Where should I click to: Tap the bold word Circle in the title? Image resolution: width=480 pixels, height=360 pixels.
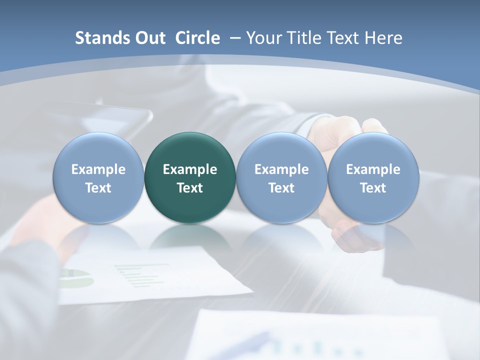pos(197,38)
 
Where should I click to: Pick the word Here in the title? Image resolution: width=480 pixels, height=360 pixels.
pos(383,38)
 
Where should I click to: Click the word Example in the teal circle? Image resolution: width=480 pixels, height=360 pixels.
pos(190,169)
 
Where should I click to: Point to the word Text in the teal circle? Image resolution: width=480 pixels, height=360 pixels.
pos(190,188)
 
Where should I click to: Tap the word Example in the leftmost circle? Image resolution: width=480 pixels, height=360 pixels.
pos(98,169)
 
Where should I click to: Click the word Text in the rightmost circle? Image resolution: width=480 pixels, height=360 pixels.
pos(373,188)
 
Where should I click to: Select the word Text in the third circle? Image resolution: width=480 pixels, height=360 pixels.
pos(281,188)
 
